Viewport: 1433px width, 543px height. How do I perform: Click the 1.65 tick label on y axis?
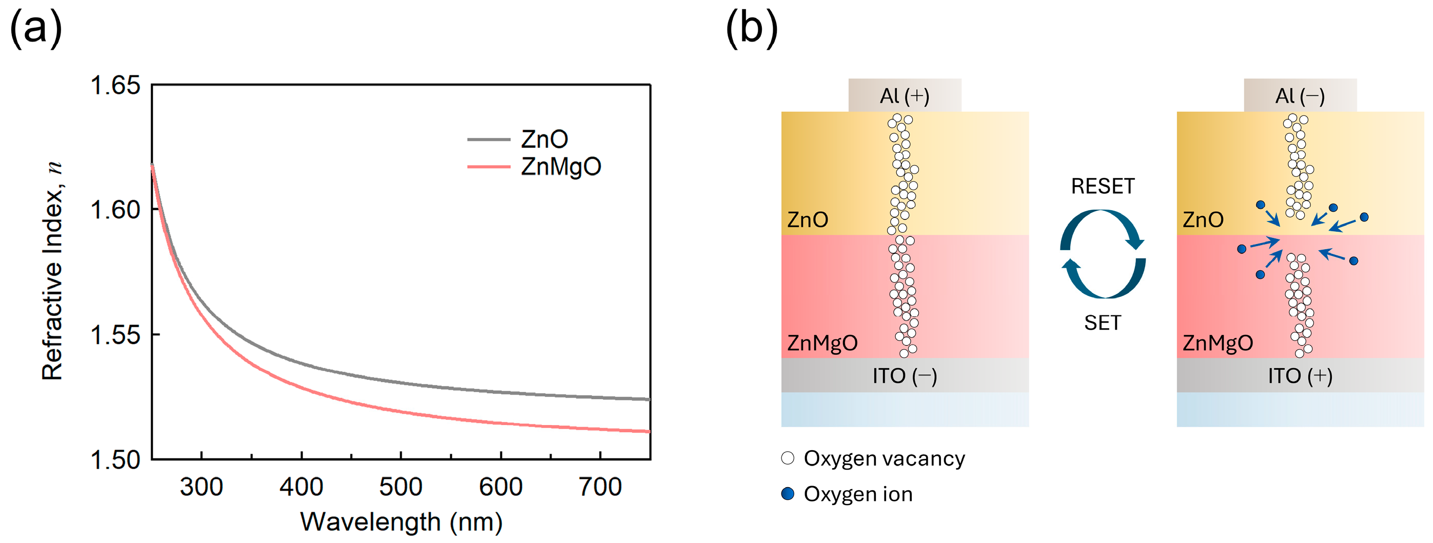pos(115,86)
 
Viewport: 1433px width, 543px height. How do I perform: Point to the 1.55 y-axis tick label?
pos(115,335)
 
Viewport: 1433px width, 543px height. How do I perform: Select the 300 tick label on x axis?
pos(201,488)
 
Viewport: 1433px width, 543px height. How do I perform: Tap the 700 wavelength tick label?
pos(600,488)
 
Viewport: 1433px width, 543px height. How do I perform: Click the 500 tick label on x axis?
pos(401,488)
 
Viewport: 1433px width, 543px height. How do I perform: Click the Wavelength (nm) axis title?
pos(401,522)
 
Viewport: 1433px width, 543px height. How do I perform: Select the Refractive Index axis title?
pos(53,271)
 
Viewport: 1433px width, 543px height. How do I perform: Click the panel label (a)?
pos(35,29)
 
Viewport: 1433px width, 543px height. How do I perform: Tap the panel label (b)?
pos(752,29)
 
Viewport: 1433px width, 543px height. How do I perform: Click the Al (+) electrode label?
pos(905,96)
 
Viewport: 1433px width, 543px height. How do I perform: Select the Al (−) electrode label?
pos(1300,96)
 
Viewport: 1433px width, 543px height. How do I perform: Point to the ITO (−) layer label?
pos(905,376)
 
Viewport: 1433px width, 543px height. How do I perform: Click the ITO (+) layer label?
pos(1300,376)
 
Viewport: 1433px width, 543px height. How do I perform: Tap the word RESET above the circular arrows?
pos(1103,186)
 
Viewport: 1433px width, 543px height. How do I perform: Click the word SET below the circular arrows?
pos(1103,323)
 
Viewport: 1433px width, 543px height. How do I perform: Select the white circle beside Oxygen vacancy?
pos(788,458)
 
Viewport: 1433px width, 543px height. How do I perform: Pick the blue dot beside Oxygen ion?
pos(788,494)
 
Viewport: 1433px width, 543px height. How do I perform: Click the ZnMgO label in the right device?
pos(1218,343)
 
